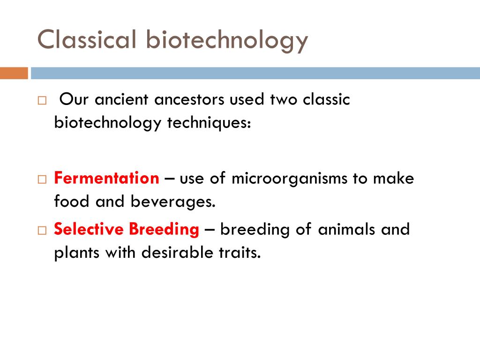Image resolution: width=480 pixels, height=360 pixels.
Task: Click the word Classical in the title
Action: [87, 39]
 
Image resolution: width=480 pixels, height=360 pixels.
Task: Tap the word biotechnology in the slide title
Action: [227, 41]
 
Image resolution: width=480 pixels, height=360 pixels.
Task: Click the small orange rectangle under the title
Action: [14, 73]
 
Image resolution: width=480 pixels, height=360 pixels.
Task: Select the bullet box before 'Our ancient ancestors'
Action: [42, 100]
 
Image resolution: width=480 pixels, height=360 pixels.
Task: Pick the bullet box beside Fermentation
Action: [42, 179]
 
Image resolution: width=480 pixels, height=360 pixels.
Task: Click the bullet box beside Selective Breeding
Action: [42, 230]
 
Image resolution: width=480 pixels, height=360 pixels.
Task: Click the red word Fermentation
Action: [106, 178]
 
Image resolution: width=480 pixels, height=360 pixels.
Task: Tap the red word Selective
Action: [89, 229]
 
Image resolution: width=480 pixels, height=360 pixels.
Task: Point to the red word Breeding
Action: [164, 230]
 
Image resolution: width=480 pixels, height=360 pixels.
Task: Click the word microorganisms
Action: [289, 179]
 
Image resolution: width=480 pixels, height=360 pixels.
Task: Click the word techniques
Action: [209, 123]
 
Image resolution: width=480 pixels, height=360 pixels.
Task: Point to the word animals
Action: [346, 230]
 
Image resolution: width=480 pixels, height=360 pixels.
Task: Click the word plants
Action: [77, 254]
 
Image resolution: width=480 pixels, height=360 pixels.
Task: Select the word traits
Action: [240, 253]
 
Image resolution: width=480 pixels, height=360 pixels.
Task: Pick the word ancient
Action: [121, 100]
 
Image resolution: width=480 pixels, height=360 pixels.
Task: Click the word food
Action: [72, 201]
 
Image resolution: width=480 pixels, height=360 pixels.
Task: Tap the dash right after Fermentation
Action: [169, 179]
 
